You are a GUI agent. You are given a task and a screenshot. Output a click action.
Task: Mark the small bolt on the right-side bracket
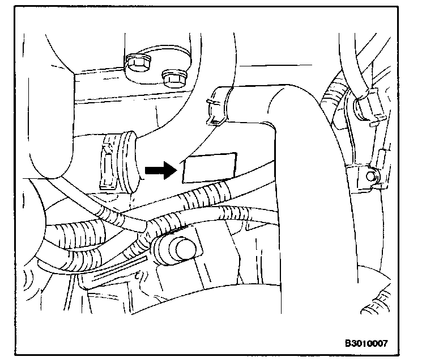(372, 177)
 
